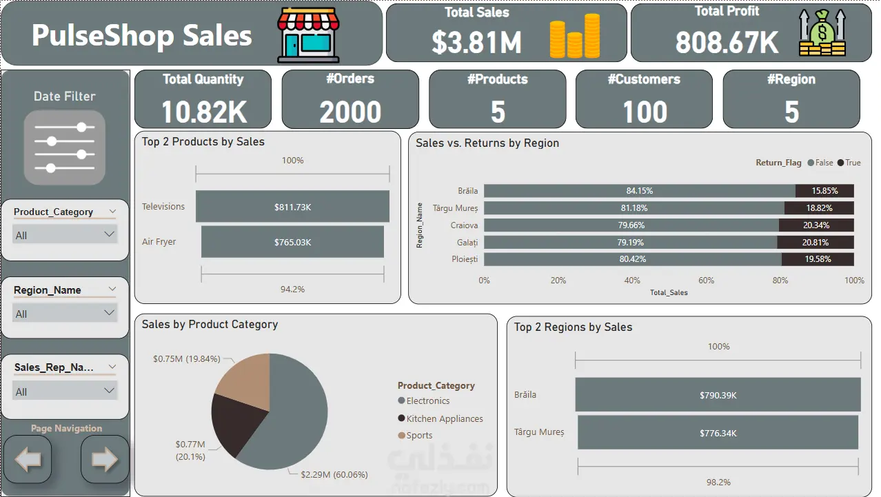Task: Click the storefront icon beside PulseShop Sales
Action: click(x=308, y=36)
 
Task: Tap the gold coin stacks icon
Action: click(x=574, y=36)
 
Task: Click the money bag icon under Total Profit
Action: click(x=822, y=35)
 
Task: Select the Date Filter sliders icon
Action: click(x=65, y=147)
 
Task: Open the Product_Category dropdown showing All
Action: click(x=65, y=235)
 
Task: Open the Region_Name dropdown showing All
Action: click(x=65, y=314)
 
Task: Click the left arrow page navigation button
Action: click(x=28, y=460)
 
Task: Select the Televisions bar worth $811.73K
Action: click(x=292, y=207)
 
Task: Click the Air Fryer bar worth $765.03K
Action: click(x=292, y=242)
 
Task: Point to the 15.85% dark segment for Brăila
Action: click(x=824, y=191)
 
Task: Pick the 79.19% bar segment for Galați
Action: click(x=630, y=243)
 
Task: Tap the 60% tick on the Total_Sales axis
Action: click(x=706, y=281)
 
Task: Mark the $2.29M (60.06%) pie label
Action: click(x=334, y=474)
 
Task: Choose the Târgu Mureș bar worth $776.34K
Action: click(x=718, y=433)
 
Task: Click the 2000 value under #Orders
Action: click(x=350, y=112)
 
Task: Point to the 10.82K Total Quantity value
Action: click(x=204, y=112)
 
